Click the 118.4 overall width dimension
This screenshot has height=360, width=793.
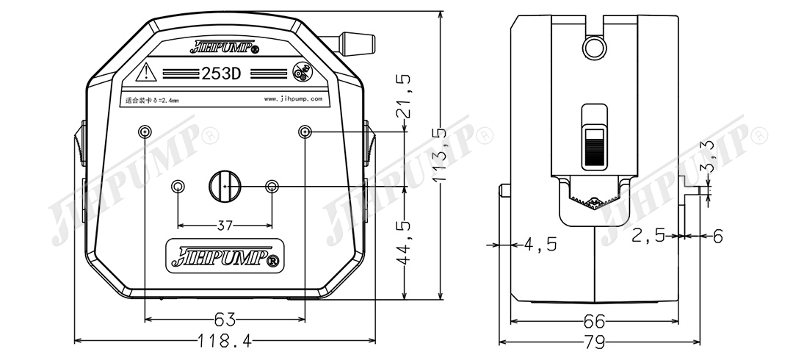225,341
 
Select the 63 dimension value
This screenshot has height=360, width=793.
225,320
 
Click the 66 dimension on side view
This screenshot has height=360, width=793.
594,322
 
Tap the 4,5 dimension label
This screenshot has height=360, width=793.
540,244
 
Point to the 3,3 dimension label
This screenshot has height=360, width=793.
709,156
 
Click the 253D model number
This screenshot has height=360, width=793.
222,73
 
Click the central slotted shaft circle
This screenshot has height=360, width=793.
225,186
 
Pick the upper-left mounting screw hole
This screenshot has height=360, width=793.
145,132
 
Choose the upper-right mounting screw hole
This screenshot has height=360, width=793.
305,132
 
